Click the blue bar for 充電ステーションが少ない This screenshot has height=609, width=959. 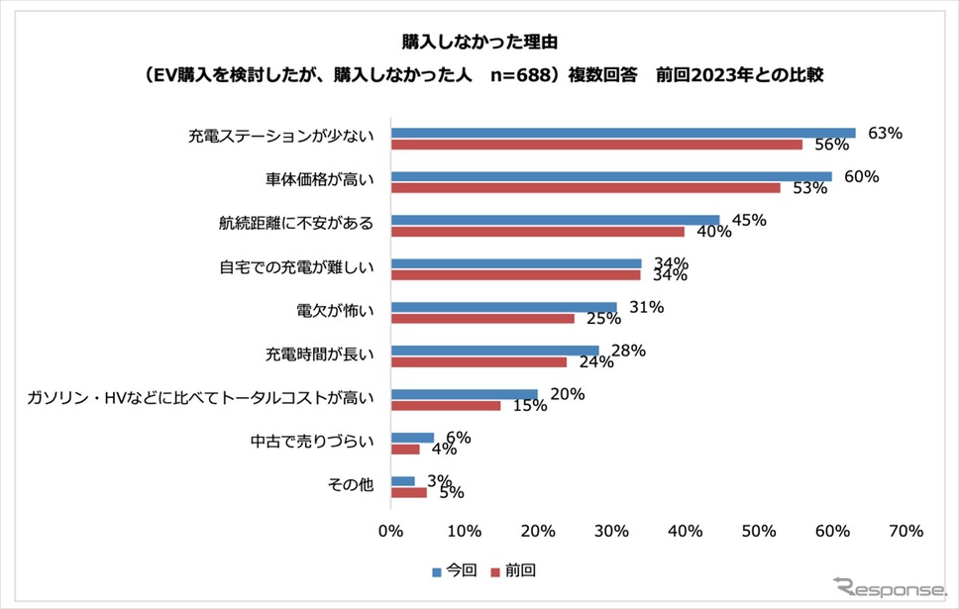(622, 133)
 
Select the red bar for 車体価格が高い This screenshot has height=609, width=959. (586, 188)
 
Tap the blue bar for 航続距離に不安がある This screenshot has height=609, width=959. (555, 220)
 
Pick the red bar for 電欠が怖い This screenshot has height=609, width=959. (482, 319)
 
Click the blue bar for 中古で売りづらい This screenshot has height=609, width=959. (412, 438)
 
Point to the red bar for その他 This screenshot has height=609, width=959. (408, 492)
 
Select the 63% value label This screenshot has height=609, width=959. (885, 133)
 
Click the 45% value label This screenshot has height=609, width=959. (749, 220)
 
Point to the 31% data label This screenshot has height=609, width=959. (646, 307)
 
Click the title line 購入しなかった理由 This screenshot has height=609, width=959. (479, 44)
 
